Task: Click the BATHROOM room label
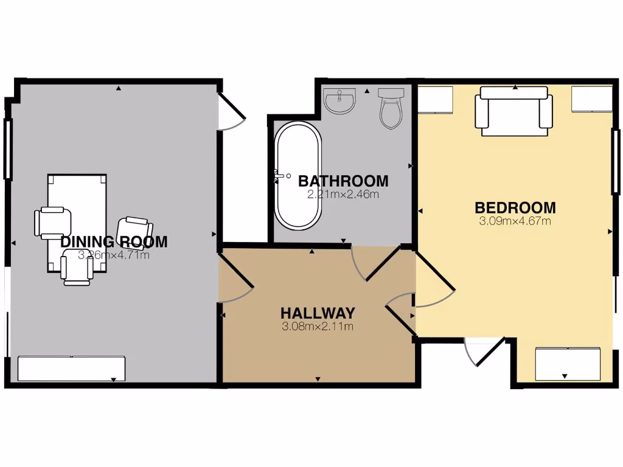(x=343, y=181)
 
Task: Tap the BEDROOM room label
(x=515, y=207)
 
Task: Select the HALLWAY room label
(x=318, y=313)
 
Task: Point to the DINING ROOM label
(x=114, y=242)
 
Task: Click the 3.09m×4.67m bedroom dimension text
(x=515, y=221)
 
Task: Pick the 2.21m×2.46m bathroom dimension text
(x=343, y=195)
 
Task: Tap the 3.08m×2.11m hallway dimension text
(x=318, y=327)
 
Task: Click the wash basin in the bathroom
(x=339, y=101)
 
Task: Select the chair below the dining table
(x=77, y=271)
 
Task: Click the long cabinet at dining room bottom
(x=72, y=368)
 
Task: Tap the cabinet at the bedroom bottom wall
(x=568, y=364)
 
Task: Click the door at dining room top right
(x=231, y=112)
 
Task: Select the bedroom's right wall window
(x=616, y=162)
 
